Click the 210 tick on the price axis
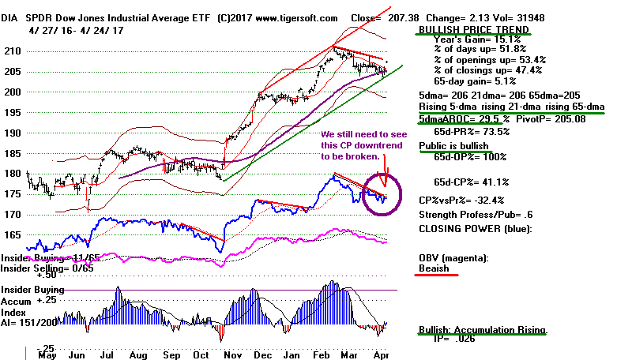pos(13,51)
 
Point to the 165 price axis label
pos(13,234)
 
